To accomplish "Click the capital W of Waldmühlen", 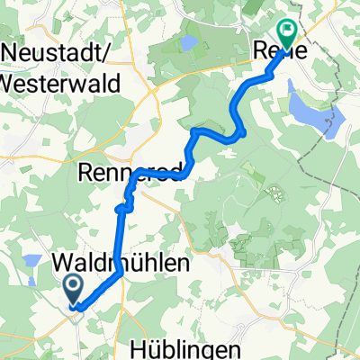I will pos(63,264).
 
